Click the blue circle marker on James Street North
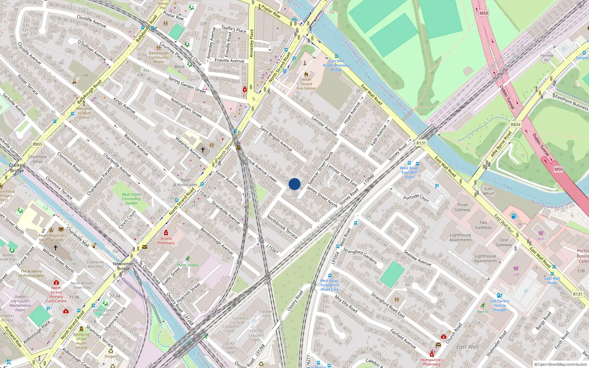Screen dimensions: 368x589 294,184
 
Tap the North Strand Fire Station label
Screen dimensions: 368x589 306,84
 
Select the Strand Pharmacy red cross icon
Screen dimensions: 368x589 166,233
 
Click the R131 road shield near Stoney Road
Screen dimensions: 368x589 421,143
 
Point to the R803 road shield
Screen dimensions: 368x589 38,144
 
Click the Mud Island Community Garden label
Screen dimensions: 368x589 131,199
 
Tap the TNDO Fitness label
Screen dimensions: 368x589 187,265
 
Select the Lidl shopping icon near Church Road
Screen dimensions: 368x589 516,268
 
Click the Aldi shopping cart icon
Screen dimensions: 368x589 541,233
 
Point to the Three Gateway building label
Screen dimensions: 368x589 462,207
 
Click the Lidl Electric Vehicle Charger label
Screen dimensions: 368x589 500,305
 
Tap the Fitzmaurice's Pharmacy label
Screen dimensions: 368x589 431,362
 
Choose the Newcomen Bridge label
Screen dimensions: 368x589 124,266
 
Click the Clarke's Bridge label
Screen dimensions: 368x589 17,168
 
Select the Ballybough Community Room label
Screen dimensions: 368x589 159,57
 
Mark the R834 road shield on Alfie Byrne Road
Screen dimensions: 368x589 515,124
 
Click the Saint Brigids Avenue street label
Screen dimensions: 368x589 276,139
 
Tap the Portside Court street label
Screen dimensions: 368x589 416,198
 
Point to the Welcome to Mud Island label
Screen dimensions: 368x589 84,113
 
